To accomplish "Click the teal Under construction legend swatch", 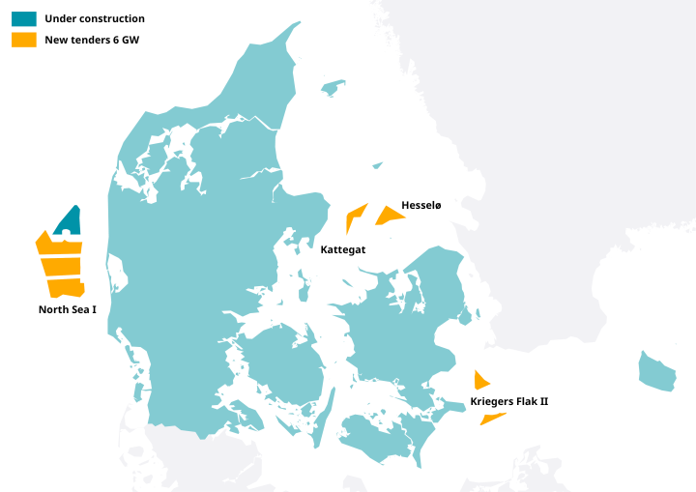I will point(24,18).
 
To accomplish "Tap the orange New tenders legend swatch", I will point(24,40).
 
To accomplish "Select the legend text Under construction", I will point(95,18).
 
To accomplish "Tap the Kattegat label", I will point(342,249).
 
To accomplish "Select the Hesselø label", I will point(420,205).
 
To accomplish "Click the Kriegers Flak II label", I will point(508,400).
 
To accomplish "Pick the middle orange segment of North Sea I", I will point(61,266).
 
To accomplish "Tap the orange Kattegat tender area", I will point(355,215).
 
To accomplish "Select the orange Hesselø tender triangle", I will point(390,215).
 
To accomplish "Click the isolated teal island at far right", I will point(657,370).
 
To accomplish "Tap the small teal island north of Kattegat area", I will point(333,88).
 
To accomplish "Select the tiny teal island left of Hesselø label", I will point(377,166).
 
